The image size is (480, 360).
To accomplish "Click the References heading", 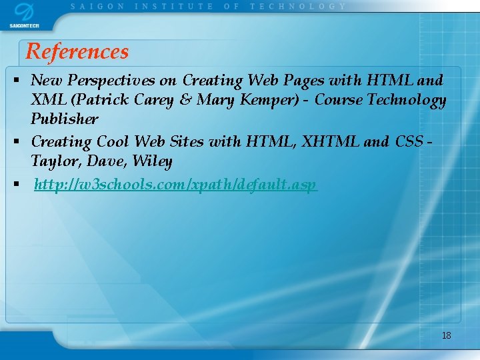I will click(77, 51).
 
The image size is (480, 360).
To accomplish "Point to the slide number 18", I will click(446, 335).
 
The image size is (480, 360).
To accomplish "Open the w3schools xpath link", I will click(175, 184).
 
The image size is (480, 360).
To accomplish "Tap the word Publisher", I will click(64, 119).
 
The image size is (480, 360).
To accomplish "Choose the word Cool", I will click(113, 141).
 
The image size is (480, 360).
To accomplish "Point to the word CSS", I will click(409, 141).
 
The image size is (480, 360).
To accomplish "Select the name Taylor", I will click(52, 161).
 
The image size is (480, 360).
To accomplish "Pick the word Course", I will click(339, 100).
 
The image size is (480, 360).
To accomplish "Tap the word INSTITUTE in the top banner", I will click(174, 6).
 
